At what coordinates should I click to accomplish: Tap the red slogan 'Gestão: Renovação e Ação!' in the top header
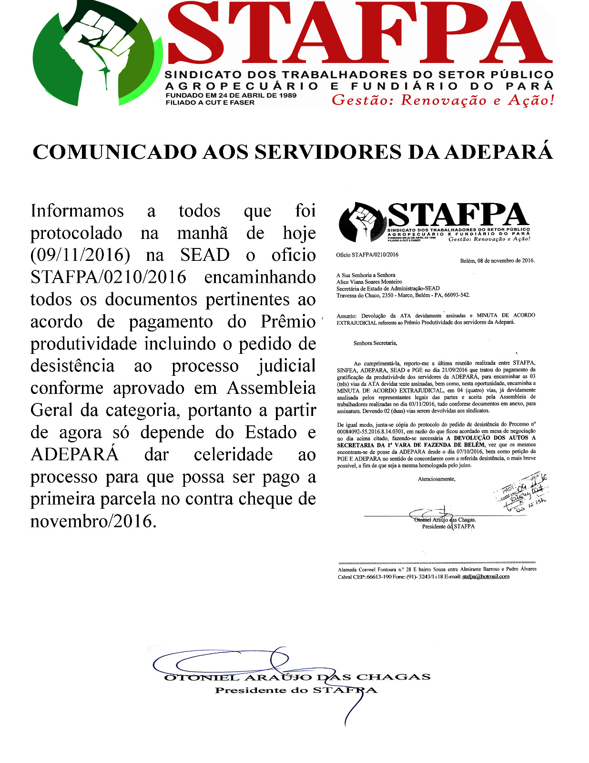pyautogui.click(x=443, y=100)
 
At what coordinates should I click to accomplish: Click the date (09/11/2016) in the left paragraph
pyautogui.click(x=80, y=255)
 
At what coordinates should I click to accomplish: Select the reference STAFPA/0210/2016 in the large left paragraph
pyautogui.click(x=108, y=277)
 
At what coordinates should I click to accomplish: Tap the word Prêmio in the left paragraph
pyautogui.click(x=288, y=321)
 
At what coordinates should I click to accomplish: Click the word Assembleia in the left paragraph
pyautogui.click(x=271, y=388)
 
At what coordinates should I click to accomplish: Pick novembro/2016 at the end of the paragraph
pyautogui.click(x=93, y=521)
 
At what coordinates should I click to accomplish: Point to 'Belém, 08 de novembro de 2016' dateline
pyautogui.click(x=497, y=260)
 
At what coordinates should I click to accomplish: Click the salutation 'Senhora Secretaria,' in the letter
pyautogui.click(x=375, y=343)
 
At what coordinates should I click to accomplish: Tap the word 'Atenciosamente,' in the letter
pyautogui.click(x=437, y=479)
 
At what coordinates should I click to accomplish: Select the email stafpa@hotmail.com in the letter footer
pyautogui.click(x=486, y=576)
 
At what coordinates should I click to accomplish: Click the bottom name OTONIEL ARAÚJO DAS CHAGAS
pyautogui.click(x=297, y=677)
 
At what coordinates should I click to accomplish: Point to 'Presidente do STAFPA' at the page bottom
pyautogui.click(x=295, y=690)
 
